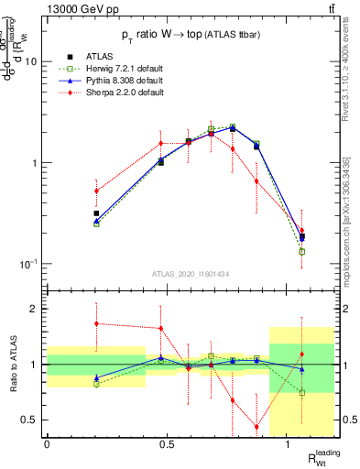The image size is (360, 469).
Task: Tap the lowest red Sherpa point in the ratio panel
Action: click(256, 427)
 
